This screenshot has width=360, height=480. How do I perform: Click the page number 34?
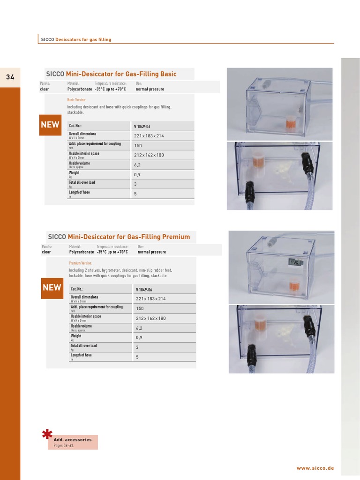10,77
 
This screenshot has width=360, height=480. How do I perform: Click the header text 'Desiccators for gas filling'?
83,40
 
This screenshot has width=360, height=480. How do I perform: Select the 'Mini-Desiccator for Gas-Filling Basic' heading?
121,74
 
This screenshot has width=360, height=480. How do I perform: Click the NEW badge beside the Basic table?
50,125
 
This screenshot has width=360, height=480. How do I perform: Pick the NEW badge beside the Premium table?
52,287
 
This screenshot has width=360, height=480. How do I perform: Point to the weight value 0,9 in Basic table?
137,174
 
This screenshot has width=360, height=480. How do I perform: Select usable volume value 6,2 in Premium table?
139,328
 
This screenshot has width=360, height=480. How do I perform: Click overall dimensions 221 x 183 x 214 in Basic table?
149,136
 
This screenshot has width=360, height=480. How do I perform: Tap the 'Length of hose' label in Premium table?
81,355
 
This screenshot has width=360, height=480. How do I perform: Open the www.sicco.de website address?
315,468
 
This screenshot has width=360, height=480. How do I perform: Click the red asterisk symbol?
47,435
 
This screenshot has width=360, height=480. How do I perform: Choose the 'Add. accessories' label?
72,440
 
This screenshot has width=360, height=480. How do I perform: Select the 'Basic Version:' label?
76,100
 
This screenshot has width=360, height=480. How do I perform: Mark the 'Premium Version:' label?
80,263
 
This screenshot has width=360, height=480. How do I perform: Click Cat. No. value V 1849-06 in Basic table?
143,126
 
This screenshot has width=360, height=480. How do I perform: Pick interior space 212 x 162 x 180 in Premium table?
151,318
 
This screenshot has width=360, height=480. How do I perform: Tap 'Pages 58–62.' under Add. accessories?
64,446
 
